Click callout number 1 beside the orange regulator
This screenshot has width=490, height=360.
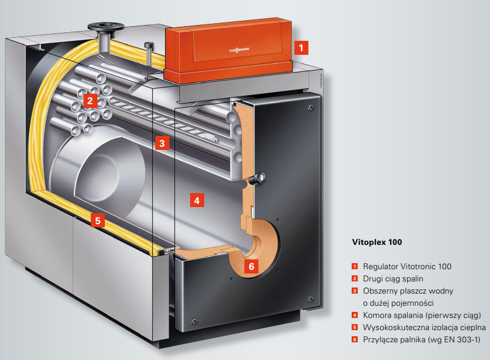tap(301, 46)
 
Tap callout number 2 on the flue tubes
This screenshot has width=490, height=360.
tap(90, 101)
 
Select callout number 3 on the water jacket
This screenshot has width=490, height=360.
tap(161, 143)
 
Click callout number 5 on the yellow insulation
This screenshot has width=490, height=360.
tap(98, 221)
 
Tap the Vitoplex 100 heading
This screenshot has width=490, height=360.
tap(377, 242)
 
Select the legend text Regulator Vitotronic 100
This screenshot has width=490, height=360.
tap(407, 266)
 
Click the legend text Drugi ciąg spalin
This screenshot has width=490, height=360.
tap(392, 278)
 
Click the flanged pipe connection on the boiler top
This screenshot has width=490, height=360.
tap(105, 29)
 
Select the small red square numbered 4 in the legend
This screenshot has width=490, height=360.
tap(353, 315)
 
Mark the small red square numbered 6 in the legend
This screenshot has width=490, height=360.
tap(353, 339)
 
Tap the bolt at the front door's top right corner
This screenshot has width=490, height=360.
tap(310, 108)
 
